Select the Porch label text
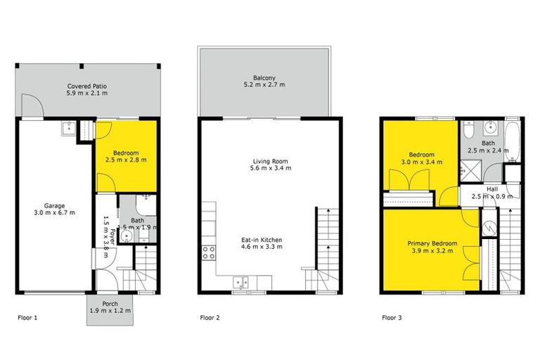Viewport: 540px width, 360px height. tap(109, 304)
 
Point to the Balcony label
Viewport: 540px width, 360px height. tap(264, 77)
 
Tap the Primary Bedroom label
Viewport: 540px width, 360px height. tap(432, 243)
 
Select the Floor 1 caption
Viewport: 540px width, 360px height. tap(27, 318)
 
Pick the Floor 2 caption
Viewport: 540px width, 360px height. tap(209, 318)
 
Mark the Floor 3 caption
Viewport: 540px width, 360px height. tap(392, 318)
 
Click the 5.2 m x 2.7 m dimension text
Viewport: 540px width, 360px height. tap(264, 85)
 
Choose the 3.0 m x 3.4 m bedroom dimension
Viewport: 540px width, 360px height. tap(423, 162)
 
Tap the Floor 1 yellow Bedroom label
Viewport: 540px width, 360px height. tap(125, 153)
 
